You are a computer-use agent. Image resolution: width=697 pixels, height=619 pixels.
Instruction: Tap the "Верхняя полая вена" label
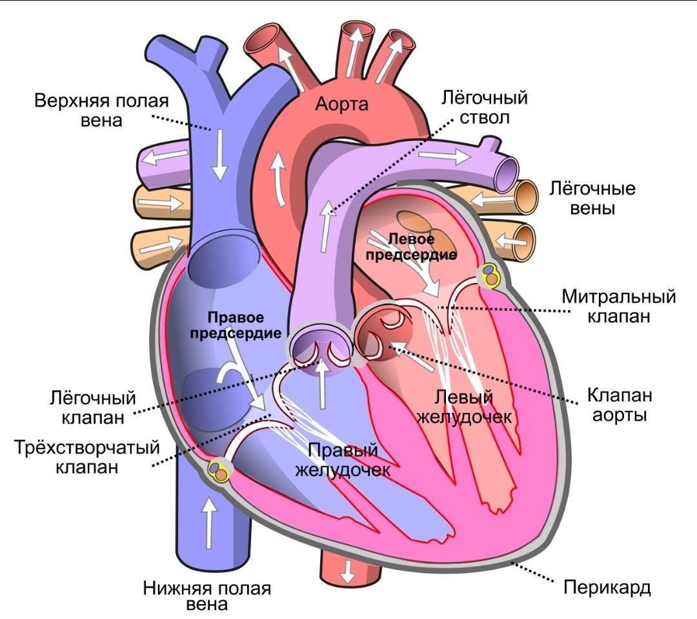coord(101,110)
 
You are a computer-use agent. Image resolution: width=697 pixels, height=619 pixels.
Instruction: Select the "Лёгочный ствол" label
coord(485,108)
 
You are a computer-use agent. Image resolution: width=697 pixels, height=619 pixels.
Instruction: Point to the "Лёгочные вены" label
coord(592,198)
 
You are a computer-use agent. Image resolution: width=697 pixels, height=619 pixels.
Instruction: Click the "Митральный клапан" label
coord(618,307)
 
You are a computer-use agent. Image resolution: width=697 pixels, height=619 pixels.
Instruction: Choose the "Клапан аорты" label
coord(619,404)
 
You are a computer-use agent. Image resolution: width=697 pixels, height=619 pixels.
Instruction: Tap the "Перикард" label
coord(607,588)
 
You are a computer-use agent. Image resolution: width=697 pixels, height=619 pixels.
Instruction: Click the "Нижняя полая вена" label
coord(207,596)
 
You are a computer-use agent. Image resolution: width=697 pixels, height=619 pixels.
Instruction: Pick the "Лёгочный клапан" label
coord(94,406)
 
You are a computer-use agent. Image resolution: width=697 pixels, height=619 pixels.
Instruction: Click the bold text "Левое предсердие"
coord(412,247)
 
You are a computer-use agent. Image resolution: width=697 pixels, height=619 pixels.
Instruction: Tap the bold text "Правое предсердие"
coord(244,326)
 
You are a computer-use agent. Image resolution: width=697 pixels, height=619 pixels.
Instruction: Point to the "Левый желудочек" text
coord(464,406)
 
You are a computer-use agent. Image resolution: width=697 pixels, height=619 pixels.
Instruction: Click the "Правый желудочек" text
coord(343,459)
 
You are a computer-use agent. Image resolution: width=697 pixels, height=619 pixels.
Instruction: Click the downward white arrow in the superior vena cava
coord(219,154)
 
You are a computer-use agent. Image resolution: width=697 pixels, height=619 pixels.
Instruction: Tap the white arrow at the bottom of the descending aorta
coord(348,570)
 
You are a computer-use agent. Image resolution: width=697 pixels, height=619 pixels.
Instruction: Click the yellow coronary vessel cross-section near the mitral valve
coord(490,276)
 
